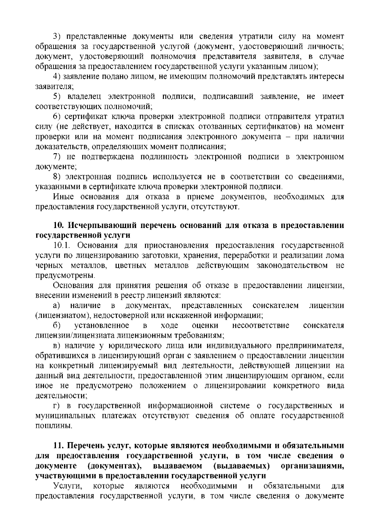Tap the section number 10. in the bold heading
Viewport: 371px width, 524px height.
click(59, 225)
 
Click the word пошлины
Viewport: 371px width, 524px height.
click(53, 426)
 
